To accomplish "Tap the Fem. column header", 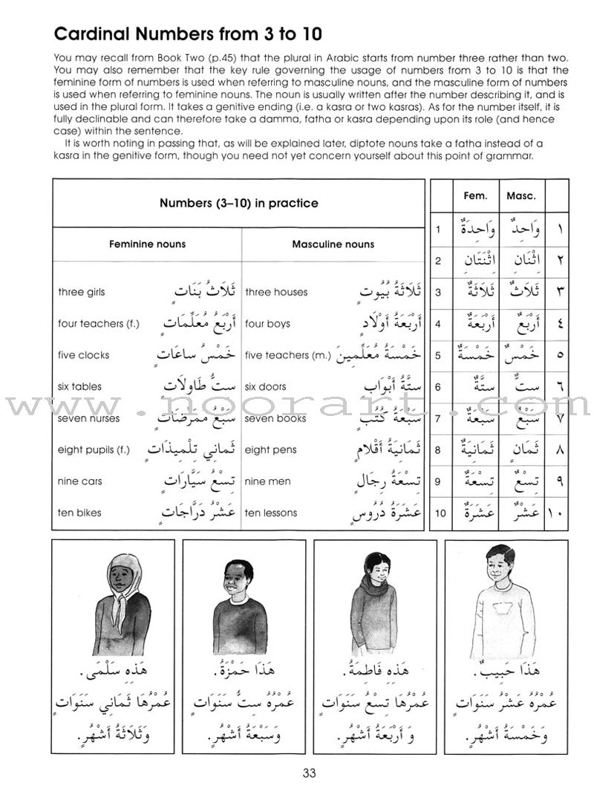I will [475, 196].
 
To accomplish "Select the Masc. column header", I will [520, 196].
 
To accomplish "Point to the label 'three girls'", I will [81, 292].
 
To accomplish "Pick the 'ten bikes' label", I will [79, 513].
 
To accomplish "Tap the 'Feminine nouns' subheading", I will [147, 244].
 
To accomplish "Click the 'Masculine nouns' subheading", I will [333, 244].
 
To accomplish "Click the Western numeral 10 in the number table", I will [438, 513].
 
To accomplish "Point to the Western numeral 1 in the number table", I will [438, 230].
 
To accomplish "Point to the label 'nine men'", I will [268, 481].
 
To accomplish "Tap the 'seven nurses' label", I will [85, 418].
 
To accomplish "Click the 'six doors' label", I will [265, 386].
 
